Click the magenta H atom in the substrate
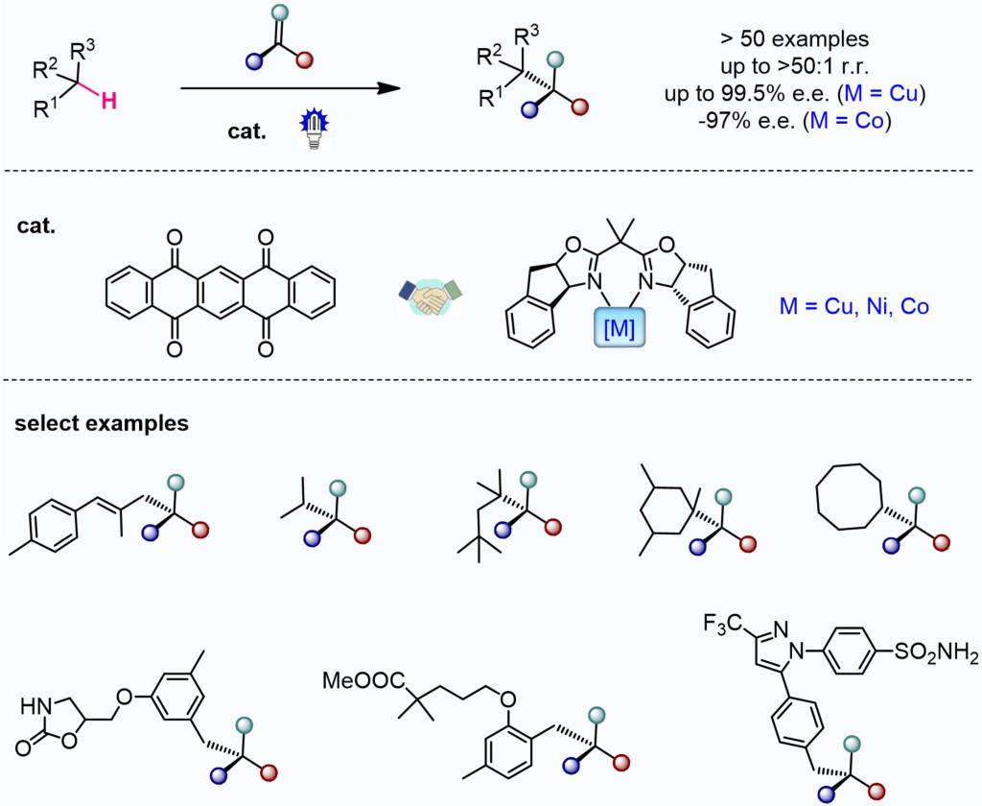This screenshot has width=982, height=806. pyautogui.click(x=109, y=100)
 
